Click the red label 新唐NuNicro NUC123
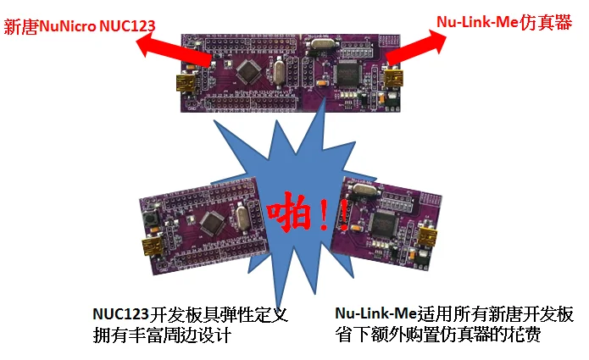click(x=80, y=25)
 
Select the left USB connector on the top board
click(x=187, y=84)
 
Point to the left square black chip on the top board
click(x=249, y=70)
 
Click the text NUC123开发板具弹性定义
click(x=192, y=314)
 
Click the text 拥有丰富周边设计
click(x=162, y=335)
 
